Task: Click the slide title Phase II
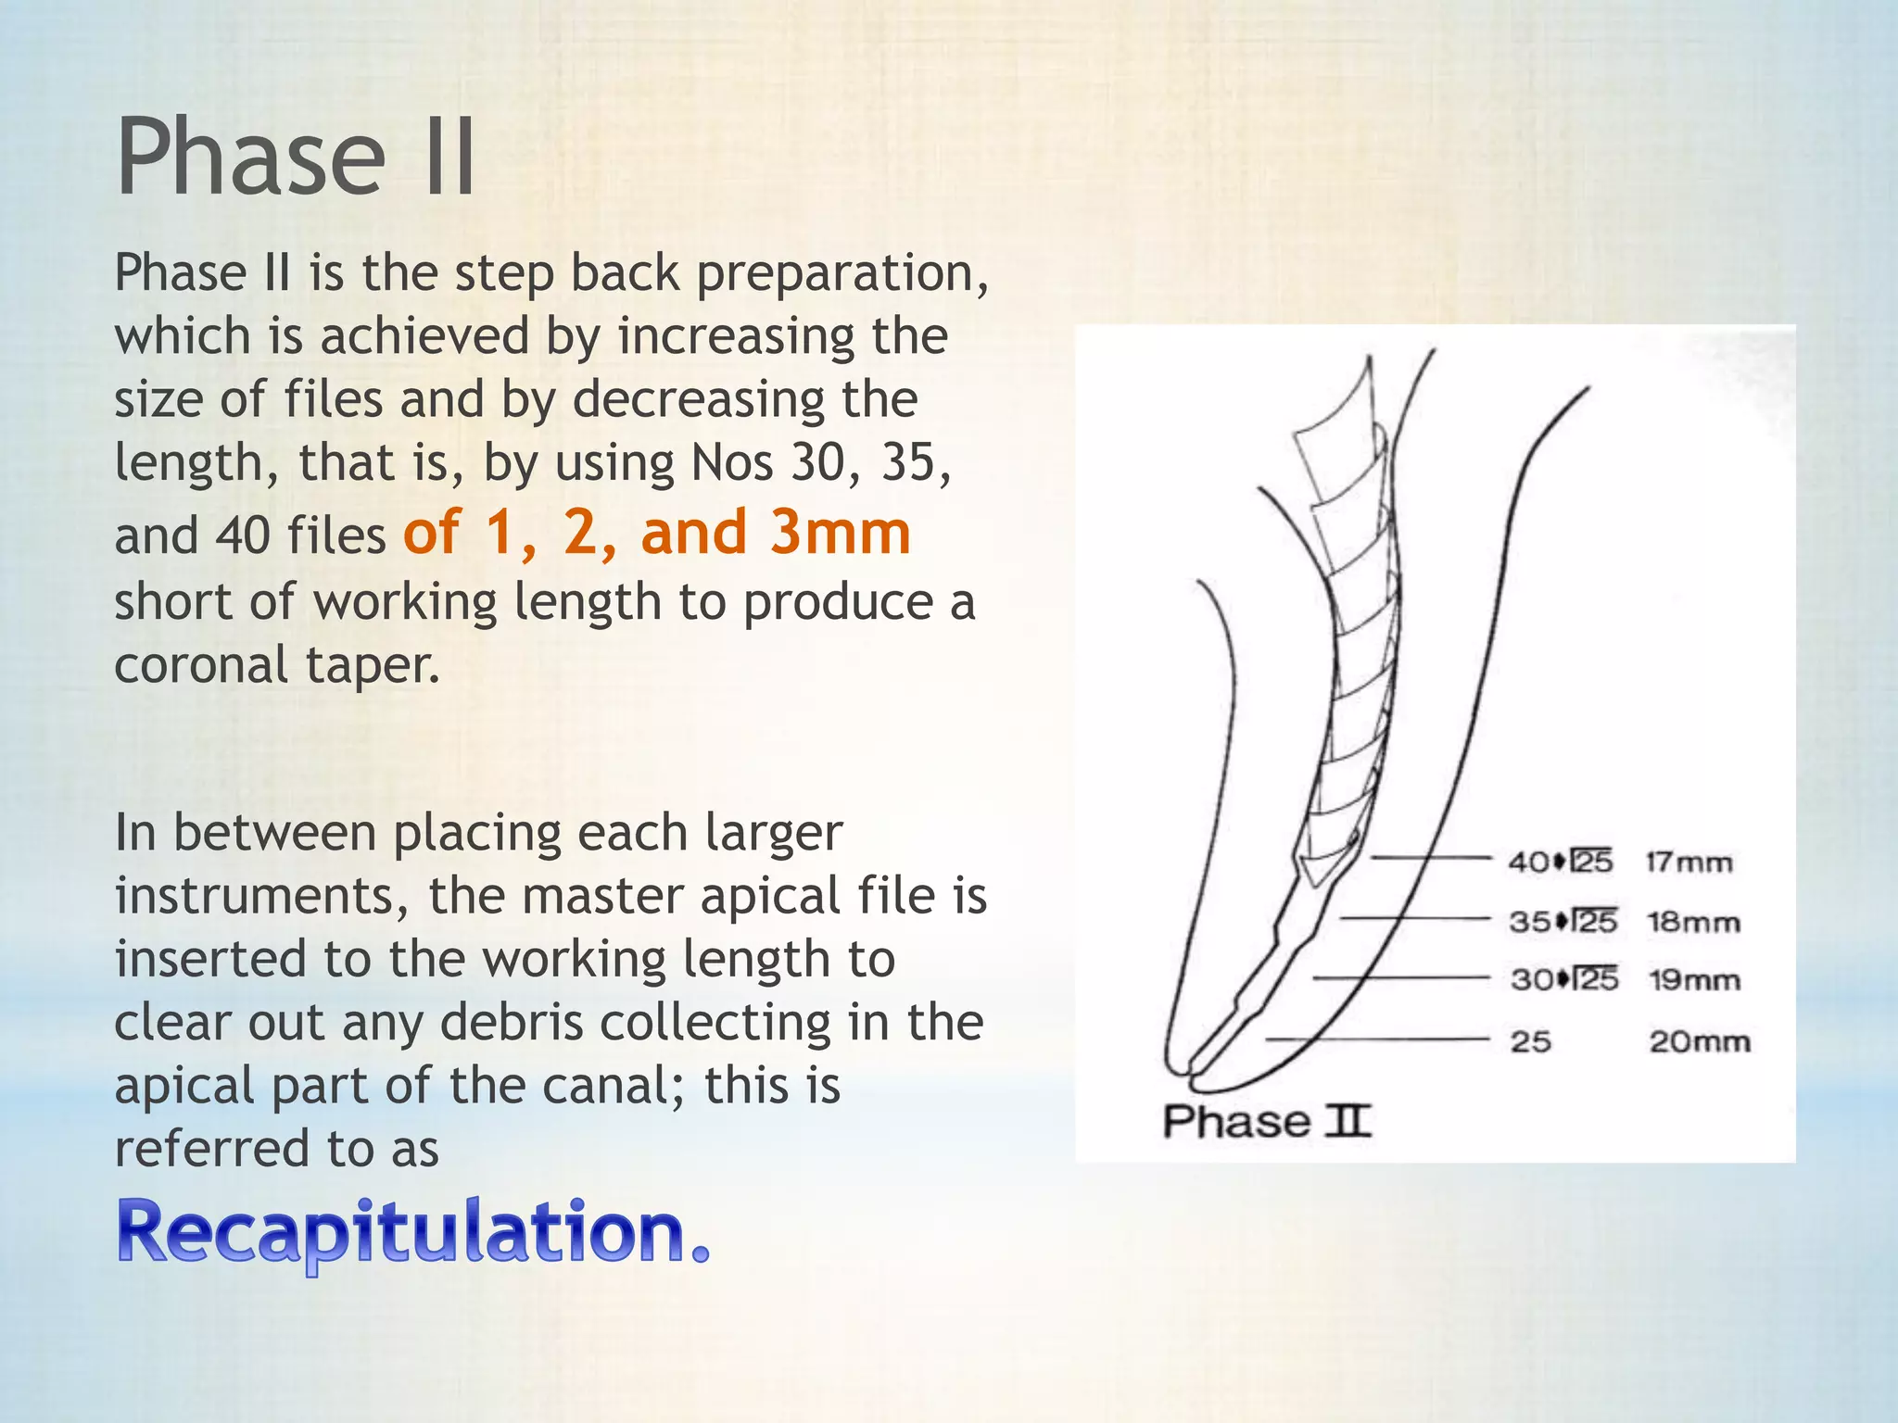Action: click(296, 157)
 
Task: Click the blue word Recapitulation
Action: click(412, 1232)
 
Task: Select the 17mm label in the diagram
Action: click(1689, 863)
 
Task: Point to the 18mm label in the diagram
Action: click(1693, 923)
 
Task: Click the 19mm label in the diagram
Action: click(1694, 980)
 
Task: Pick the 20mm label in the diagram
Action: click(1700, 1042)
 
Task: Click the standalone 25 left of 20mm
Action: click(1531, 1042)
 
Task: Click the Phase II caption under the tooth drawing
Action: click(1266, 1122)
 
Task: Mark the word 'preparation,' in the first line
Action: click(842, 274)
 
